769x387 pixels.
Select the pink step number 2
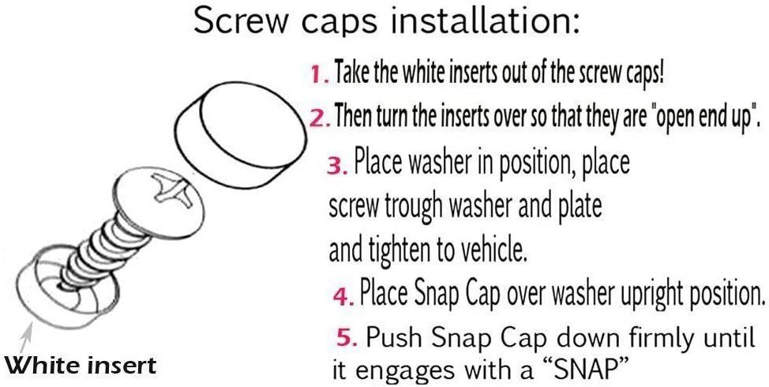pyautogui.click(x=320, y=118)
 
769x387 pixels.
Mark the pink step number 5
pyautogui.click(x=347, y=339)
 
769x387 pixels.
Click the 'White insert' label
pyautogui.click(x=81, y=365)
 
